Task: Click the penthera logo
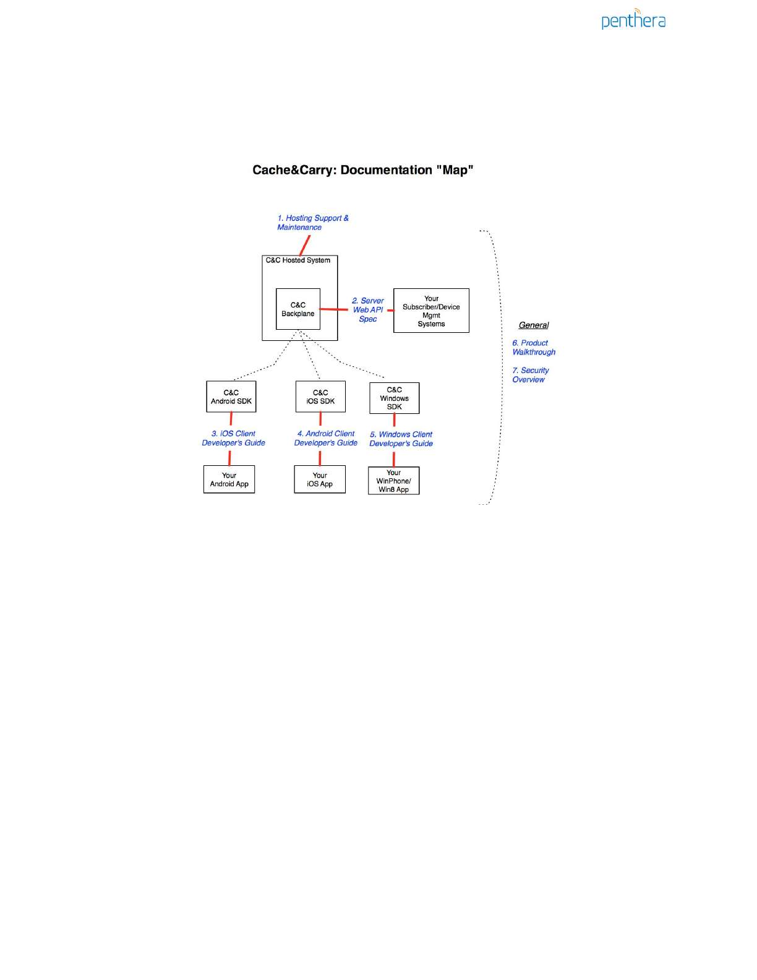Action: [x=633, y=20]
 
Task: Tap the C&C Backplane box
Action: [x=298, y=309]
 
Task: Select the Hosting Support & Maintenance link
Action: [x=312, y=223]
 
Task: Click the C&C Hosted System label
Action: [x=298, y=260]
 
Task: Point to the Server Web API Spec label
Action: [x=369, y=310]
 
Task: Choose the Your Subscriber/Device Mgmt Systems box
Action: [x=431, y=311]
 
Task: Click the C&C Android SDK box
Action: [x=231, y=397]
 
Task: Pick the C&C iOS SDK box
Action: [x=320, y=397]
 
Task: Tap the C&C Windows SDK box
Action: [x=395, y=398]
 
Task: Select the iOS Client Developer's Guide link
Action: [x=234, y=438]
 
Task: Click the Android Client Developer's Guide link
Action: [x=326, y=438]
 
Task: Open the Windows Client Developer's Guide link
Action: [x=401, y=439]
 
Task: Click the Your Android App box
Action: [x=229, y=479]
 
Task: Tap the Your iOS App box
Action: [x=320, y=479]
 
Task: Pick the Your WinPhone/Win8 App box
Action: [x=394, y=481]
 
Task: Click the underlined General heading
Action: [x=534, y=325]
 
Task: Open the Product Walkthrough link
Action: [x=534, y=348]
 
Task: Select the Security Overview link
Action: [x=531, y=375]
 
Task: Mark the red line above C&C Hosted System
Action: [x=305, y=246]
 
